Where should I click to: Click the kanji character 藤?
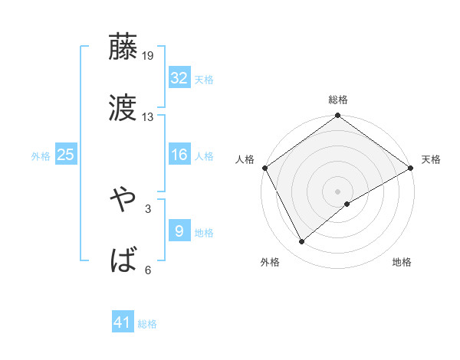[x=123, y=47]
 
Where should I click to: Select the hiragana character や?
[x=123, y=200]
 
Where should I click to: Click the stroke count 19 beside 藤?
[x=149, y=56]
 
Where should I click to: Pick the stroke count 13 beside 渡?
[x=148, y=116]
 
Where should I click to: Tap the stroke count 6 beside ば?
[x=148, y=270]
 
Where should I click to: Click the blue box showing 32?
[x=179, y=77]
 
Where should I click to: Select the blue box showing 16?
[x=179, y=155]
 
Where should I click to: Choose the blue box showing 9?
[x=179, y=231]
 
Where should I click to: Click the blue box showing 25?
[x=65, y=155]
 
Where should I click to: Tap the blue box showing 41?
[x=123, y=322]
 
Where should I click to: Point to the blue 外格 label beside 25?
[x=41, y=155]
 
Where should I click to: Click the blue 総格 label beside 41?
[x=147, y=324]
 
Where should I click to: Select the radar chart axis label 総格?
[x=338, y=100]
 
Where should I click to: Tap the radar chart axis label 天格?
[x=431, y=159]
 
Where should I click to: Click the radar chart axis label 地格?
[x=402, y=262]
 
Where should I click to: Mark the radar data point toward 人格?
[x=264, y=168]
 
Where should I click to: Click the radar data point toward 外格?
[x=302, y=241]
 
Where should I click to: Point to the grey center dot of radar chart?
[x=338, y=191]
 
